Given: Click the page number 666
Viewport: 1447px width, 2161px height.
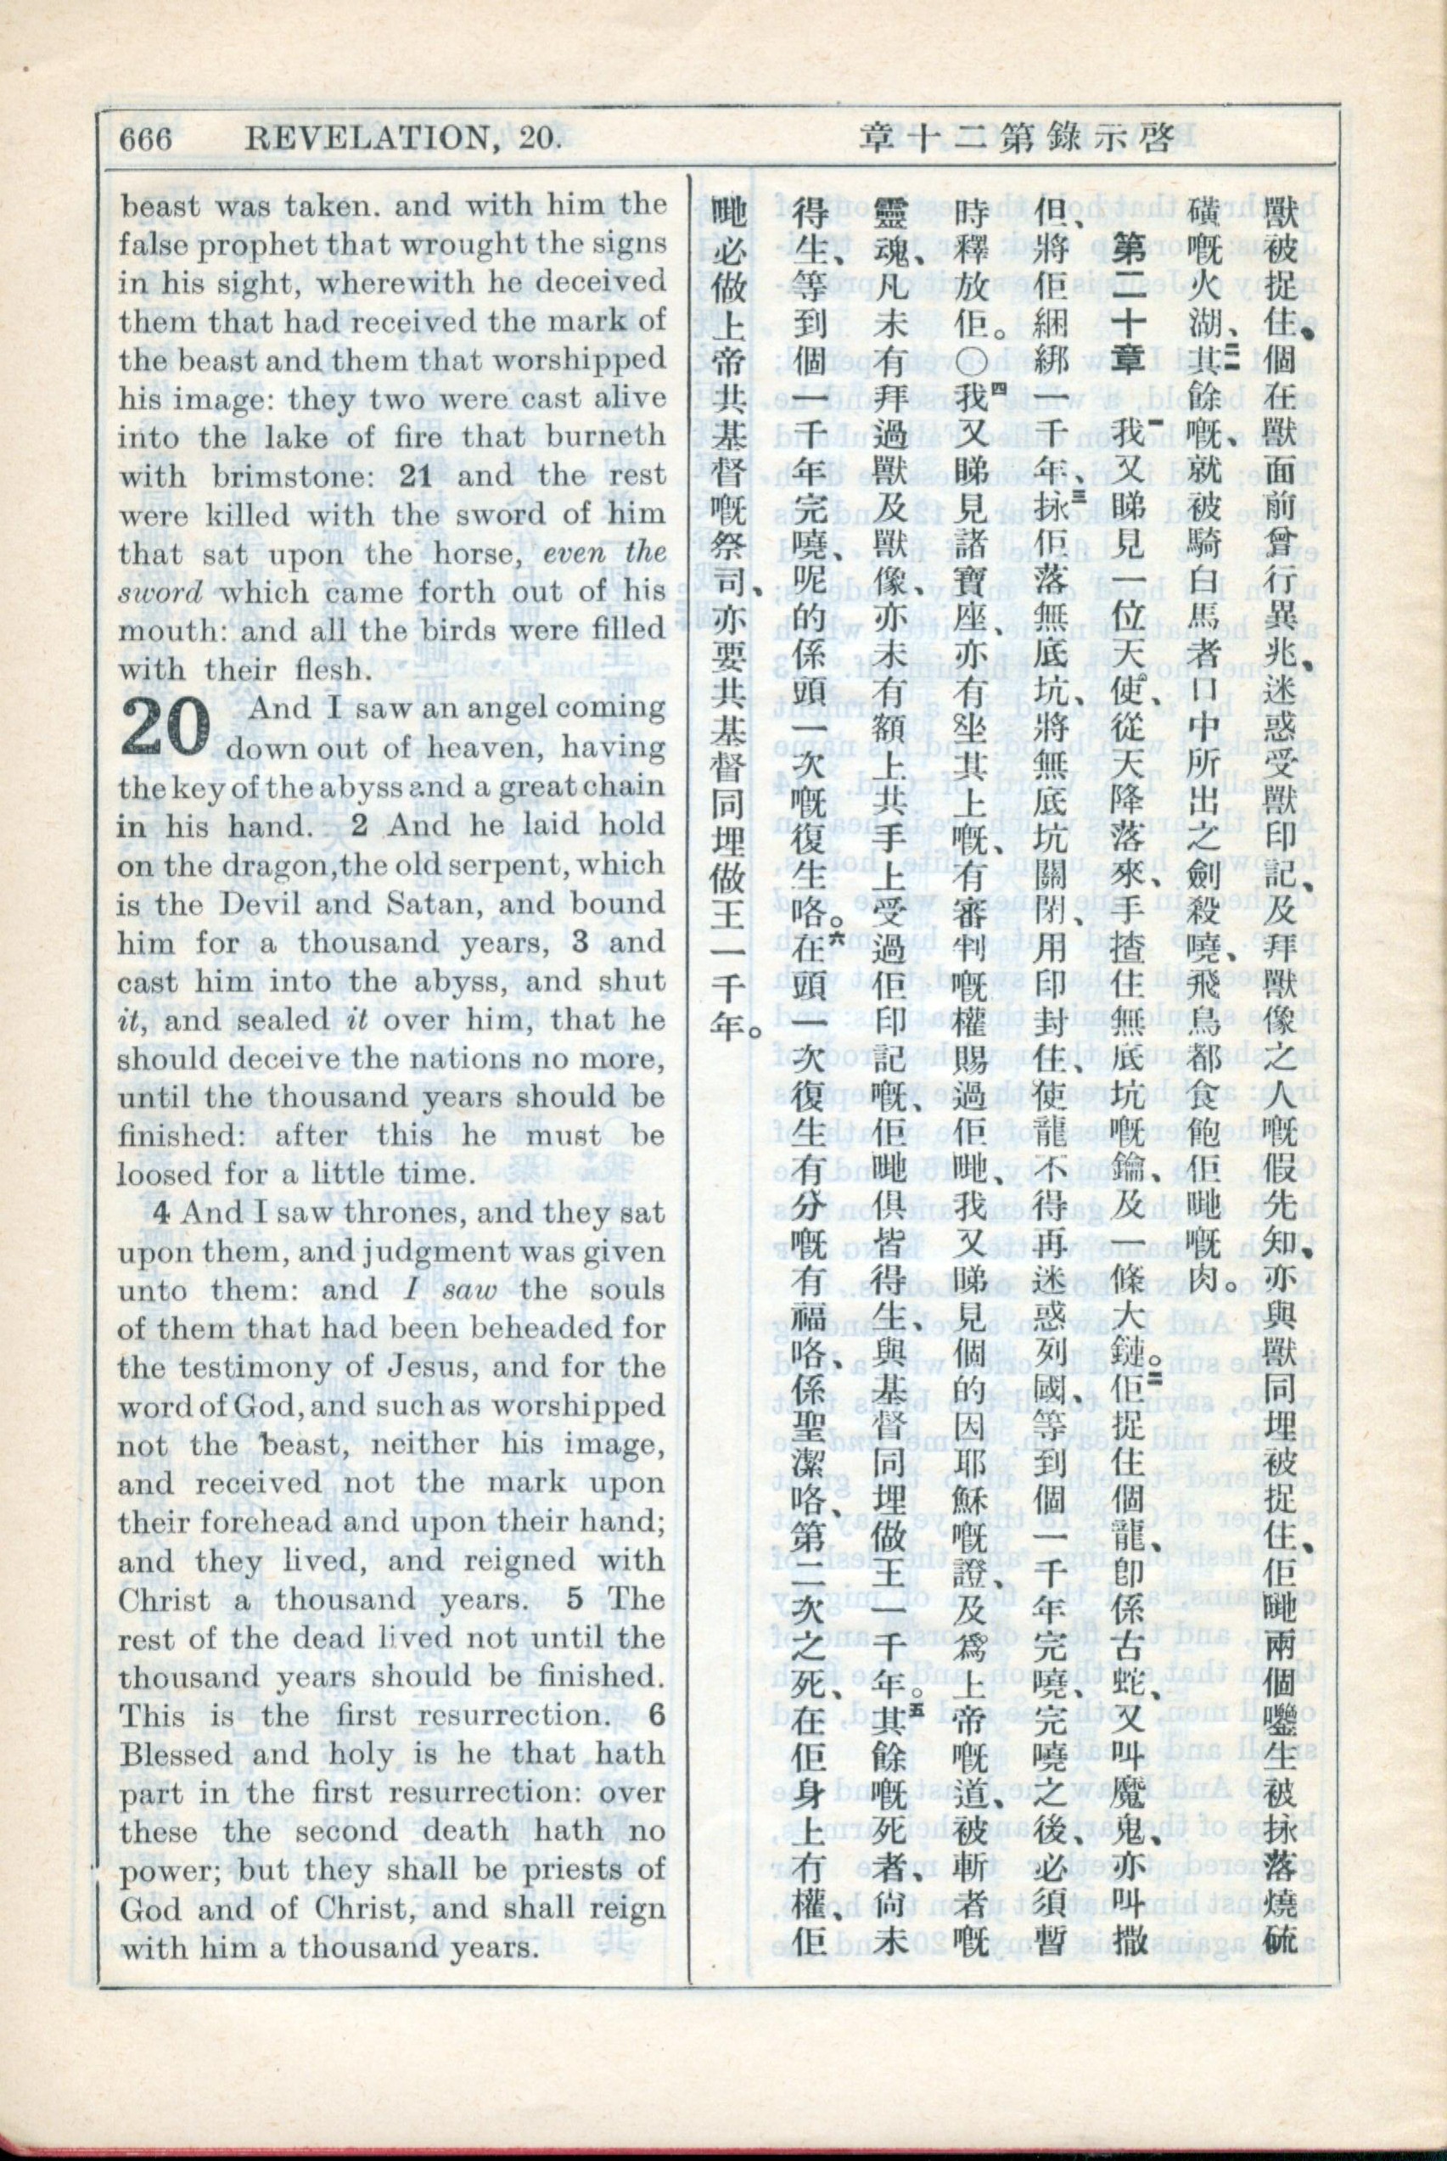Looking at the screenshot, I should (146, 140).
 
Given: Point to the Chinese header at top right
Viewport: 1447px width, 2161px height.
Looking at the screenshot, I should (1015, 138).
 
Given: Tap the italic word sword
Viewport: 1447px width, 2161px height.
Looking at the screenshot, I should (160, 593).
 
